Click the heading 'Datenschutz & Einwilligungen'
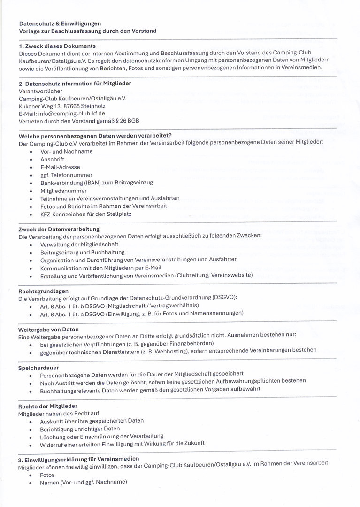click(x=60, y=23)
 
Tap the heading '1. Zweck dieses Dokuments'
click(x=57, y=46)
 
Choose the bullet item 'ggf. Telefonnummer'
click(x=66, y=175)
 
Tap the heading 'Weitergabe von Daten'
click(x=48, y=330)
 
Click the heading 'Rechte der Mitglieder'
click(x=48, y=406)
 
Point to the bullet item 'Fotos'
click(x=47, y=475)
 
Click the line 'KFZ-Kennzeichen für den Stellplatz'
click(x=86, y=214)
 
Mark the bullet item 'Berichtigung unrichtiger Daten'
click(x=80, y=428)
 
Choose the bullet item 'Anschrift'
click(x=52, y=159)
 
